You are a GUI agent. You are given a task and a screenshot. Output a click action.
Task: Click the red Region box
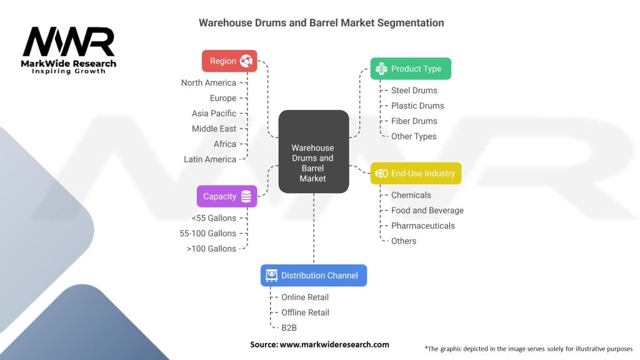tap(229, 61)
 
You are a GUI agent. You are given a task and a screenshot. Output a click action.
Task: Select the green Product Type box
tap(411, 69)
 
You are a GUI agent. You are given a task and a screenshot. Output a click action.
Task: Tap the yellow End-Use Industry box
tap(416, 174)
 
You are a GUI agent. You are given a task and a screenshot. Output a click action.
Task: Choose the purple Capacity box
tap(227, 196)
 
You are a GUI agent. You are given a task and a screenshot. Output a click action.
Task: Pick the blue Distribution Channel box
tap(314, 276)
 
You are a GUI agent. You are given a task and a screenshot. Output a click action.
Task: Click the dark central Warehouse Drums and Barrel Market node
tap(314, 151)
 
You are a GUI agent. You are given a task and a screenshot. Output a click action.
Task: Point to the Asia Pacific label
tap(214, 114)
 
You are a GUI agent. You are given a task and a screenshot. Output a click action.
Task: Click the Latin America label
tap(210, 159)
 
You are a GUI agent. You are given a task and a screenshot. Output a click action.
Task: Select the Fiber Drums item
tap(414, 121)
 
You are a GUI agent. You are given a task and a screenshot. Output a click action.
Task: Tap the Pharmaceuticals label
tap(423, 226)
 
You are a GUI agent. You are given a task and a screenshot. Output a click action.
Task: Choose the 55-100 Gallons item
tap(207, 234)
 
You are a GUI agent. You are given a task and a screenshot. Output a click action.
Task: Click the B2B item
tap(289, 327)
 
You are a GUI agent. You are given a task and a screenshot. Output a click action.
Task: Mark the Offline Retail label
tap(305, 312)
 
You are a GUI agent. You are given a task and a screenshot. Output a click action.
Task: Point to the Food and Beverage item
tap(427, 211)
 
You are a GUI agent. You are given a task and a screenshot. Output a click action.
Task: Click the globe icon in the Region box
tap(246, 61)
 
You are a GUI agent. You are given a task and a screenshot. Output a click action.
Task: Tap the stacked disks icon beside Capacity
tap(246, 196)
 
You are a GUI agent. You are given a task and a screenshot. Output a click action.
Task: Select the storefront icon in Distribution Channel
tap(271, 276)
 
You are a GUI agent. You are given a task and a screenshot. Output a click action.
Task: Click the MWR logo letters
tap(69, 42)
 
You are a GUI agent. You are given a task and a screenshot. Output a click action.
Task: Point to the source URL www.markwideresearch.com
tap(334, 344)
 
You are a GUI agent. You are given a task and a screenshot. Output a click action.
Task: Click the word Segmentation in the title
tap(410, 23)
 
